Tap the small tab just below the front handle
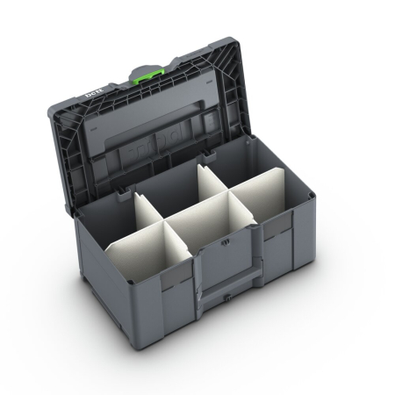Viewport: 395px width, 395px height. coord(226,299)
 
